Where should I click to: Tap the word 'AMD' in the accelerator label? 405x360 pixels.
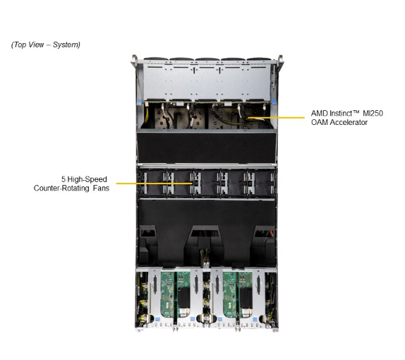coord(320,113)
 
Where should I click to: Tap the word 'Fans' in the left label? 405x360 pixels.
coord(99,188)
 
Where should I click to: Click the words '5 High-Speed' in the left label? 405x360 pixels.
coord(83,179)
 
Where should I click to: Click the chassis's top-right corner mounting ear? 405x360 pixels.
coord(281,59)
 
